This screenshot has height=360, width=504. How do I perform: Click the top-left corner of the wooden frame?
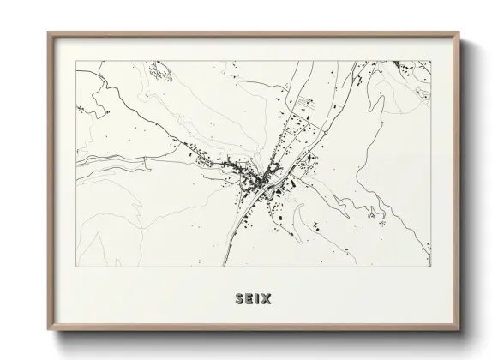tap(48, 33)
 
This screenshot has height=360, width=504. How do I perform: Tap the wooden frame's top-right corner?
tap(461, 33)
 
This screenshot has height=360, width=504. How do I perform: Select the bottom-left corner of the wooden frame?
tap(48, 331)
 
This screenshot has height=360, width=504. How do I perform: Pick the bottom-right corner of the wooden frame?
tap(461, 331)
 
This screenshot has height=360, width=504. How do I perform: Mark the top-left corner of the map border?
tap(76, 61)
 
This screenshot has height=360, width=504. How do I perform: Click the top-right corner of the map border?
tap(431, 61)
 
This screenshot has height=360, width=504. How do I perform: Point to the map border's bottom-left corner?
tap(76, 267)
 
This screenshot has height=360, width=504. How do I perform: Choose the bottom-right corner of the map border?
tap(431, 267)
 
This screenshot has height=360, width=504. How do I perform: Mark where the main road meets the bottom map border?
tap(224, 267)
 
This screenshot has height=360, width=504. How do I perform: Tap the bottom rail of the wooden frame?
tap(254, 328)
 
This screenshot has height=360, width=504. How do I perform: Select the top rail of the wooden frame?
tap(254, 34)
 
